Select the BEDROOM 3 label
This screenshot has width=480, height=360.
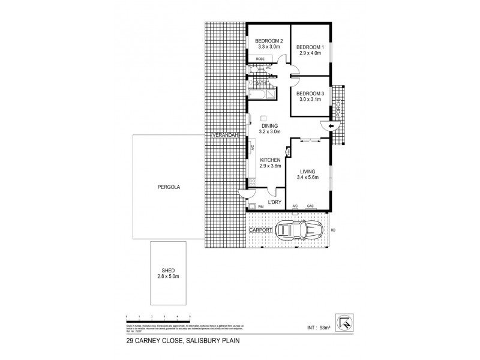coord(311,93)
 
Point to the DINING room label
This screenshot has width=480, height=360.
coord(270,126)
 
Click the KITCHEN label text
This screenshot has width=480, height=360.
coord(270,160)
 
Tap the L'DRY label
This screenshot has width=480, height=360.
coord(274,202)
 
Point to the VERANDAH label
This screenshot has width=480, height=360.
coord(226,136)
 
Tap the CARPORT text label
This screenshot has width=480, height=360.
coord(261,230)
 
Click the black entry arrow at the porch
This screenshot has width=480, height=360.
coord(325,125)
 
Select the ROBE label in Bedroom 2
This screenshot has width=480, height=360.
coord(260,58)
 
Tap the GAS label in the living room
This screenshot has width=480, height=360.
coord(311,207)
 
